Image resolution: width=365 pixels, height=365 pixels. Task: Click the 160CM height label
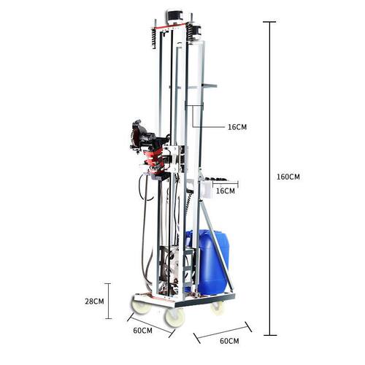288,177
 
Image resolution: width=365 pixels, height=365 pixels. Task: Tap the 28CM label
94,301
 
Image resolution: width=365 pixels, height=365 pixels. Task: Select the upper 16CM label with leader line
237,127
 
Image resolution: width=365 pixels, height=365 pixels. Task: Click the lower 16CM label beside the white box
226,191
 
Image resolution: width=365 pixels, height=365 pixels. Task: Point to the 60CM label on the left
143,331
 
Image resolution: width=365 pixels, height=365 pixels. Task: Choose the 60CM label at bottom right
229,341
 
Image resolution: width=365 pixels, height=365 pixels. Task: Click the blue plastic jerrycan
208,262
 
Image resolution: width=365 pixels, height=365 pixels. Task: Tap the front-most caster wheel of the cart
174,318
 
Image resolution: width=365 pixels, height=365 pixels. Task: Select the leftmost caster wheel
141,307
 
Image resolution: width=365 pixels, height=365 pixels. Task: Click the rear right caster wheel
217,307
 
